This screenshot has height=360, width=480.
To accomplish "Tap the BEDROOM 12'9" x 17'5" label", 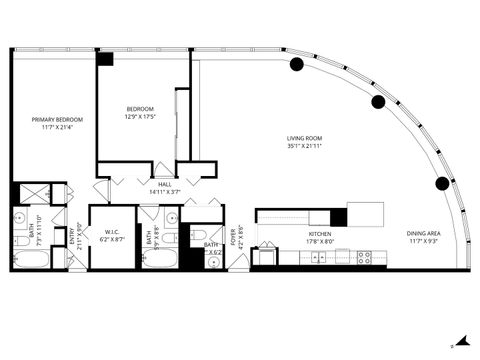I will [x=140, y=109].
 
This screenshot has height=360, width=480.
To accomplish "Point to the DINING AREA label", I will [x=424, y=234].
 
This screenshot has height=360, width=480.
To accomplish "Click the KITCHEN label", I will [x=318, y=234].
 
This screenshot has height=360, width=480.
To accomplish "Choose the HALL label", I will [x=164, y=184].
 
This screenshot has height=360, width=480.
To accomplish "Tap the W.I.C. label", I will [x=112, y=234].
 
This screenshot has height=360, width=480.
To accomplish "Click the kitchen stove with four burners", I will [x=365, y=257].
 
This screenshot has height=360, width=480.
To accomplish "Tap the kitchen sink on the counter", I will [x=318, y=257].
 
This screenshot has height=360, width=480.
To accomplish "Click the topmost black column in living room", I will [x=297, y=65].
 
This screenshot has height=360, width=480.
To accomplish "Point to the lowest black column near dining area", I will [x=440, y=183].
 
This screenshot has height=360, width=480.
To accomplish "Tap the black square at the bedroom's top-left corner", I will [x=105, y=59].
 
